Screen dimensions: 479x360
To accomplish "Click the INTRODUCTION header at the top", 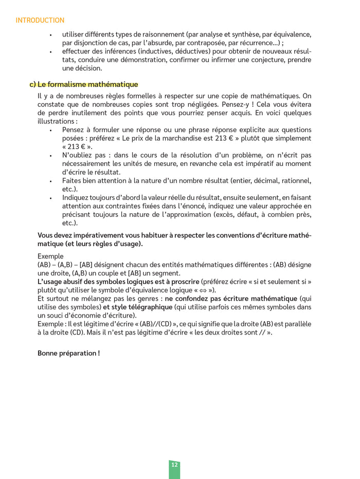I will tap(40, 21).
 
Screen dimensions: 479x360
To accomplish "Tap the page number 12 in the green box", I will tap(174, 465).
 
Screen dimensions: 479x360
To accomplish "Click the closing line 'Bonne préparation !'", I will tap(68, 353).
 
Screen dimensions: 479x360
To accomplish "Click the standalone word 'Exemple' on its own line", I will tap(50, 256).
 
